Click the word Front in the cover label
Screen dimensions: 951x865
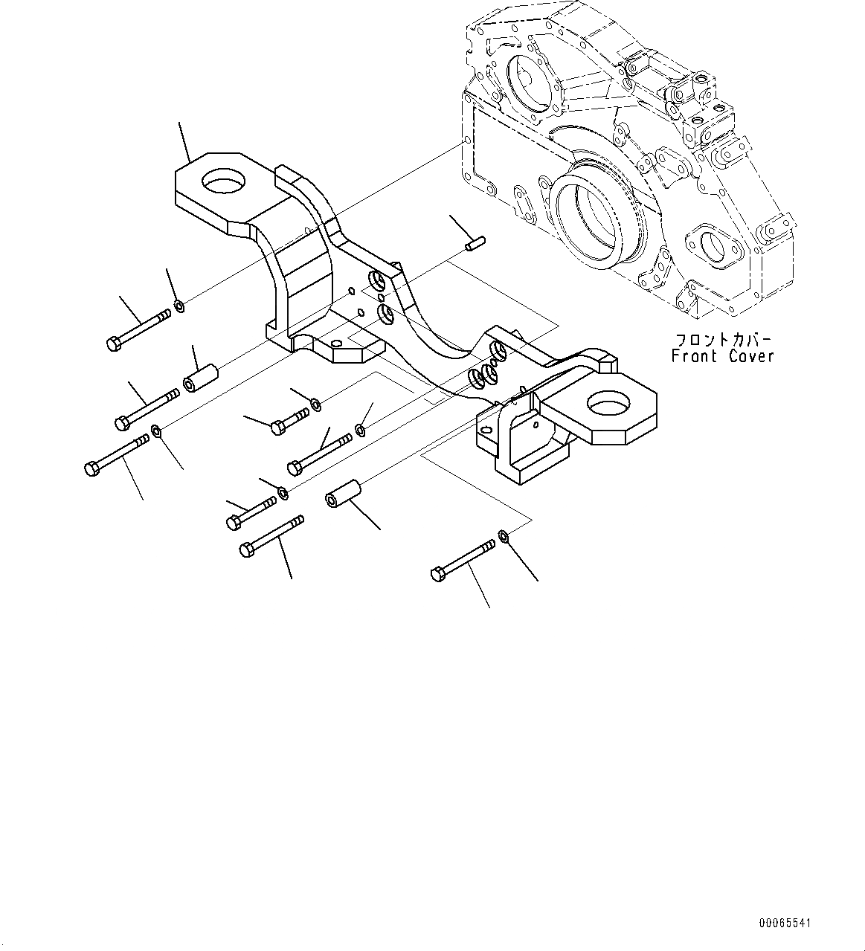pos(695,356)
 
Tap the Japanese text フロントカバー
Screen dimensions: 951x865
pos(721,339)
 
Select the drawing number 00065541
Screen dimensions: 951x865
pos(785,923)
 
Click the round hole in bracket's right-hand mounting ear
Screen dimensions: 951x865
pos(609,404)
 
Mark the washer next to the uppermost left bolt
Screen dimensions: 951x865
pos(179,306)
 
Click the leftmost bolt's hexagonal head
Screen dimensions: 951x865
pos(91,469)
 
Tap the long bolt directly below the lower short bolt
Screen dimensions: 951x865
pos(271,536)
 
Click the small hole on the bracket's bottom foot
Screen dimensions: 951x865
pos(335,344)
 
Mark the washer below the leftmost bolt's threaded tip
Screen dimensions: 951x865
pos(156,431)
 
